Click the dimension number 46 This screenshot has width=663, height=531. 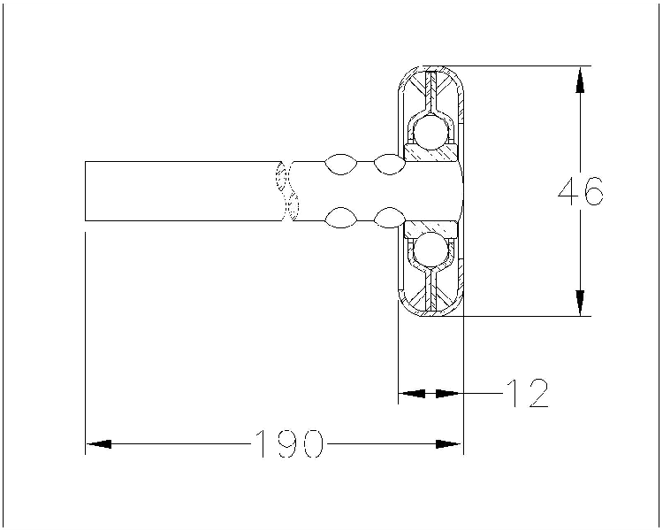click(x=580, y=191)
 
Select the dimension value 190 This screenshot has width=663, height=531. click(x=290, y=443)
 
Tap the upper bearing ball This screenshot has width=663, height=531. click(x=430, y=133)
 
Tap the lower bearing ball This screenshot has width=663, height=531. click(x=430, y=250)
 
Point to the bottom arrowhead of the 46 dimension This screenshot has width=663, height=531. click(x=580, y=303)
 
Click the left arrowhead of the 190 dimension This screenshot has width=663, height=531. click(x=98, y=443)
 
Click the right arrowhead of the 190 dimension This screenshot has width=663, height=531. click(x=449, y=443)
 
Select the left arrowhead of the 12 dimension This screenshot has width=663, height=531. click(x=412, y=393)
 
